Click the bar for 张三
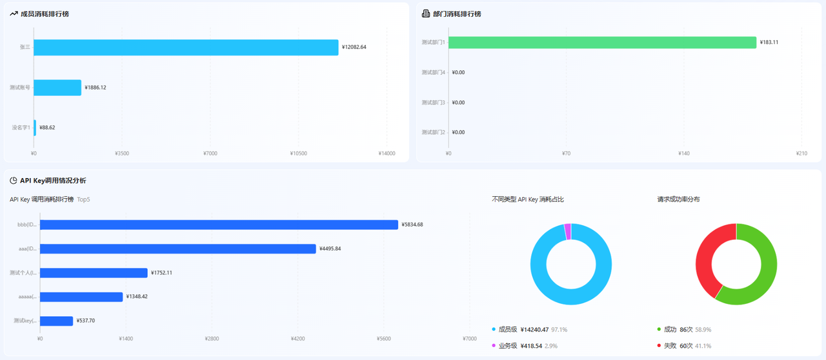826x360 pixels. click(x=186, y=47)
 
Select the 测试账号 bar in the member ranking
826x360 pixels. click(x=57, y=88)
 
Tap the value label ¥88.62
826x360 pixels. click(x=47, y=128)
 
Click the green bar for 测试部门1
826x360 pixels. click(x=602, y=43)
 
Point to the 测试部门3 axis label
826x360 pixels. click(x=433, y=103)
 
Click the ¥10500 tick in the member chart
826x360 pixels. click(x=298, y=154)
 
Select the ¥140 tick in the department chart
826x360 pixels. click(x=683, y=154)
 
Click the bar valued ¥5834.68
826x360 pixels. click(x=219, y=225)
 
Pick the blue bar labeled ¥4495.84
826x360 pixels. click(x=177, y=249)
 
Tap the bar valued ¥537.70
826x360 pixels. click(x=56, y=321)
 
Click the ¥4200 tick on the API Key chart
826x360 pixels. click(x=297, y=339)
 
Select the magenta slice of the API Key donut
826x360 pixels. click(x=567, y=232)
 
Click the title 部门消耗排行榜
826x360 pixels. click(x=457, y=14)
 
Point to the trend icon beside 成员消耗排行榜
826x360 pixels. click(x=14, y=14)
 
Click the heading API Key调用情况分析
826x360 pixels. click(x=53, y=181)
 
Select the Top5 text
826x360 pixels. click(x=83, y=199)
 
